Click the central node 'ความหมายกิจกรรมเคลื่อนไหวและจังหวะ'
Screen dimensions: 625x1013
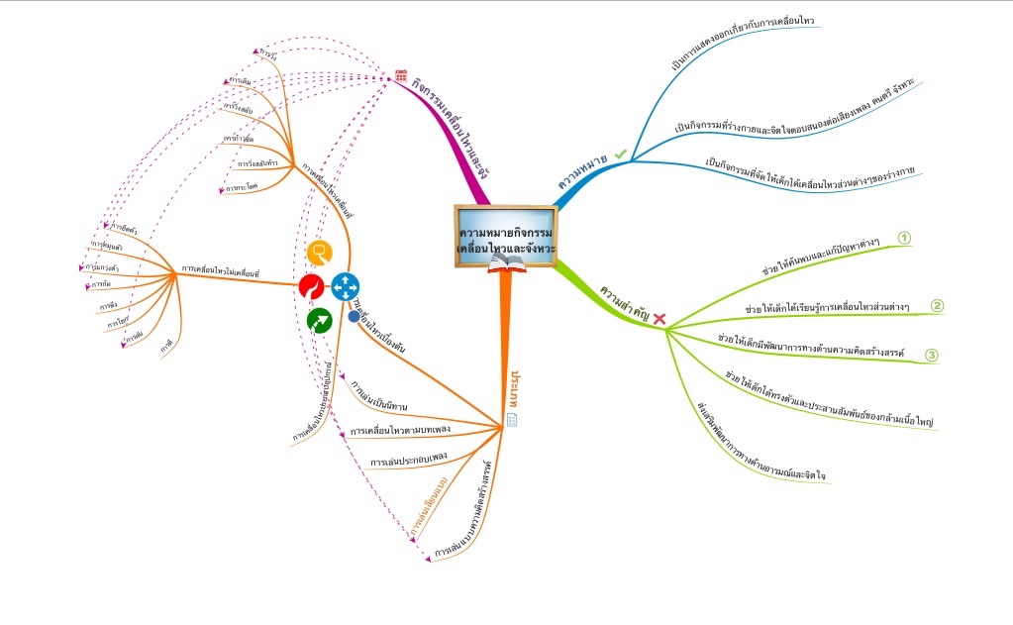coord(506,234)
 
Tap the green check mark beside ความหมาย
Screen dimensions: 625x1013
coord(621,154)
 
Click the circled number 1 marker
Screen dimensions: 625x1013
coord(903,238)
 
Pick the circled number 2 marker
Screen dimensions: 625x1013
coord(937,305)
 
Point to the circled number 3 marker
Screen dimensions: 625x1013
coord(931,355)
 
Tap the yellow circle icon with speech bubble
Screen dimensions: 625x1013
coord(318,252)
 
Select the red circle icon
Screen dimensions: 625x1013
coord(311,287)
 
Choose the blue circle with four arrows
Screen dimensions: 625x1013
coord(345,286)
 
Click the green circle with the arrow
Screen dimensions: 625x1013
coord(319,320)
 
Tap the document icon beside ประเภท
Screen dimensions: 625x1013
coord(512,420)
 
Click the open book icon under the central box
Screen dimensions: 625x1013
coord(507,262)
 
